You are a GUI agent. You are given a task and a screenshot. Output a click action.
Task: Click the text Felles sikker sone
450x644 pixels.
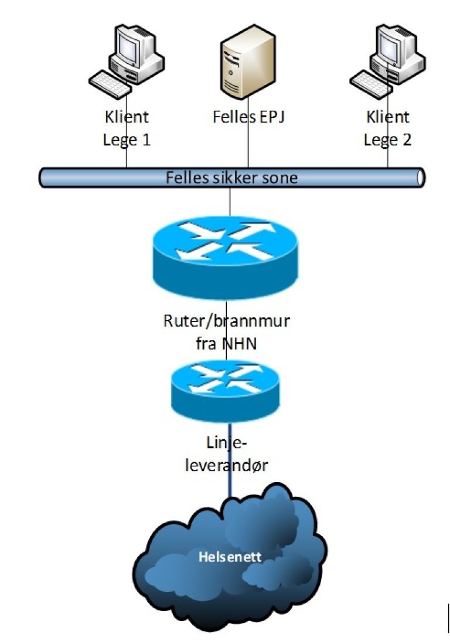click(x=231, y=177)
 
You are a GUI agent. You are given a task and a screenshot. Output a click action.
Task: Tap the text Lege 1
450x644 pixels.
click(x=126, y=140)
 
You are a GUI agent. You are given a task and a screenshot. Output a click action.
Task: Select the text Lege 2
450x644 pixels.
click(x=387, y=140)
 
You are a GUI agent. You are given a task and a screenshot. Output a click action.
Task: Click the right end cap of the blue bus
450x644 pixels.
click(x=420, y=177)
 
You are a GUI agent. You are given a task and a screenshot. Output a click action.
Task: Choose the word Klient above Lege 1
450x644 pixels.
click(x=126, y=116)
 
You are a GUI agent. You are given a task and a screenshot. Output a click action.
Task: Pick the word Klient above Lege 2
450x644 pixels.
click(x=387, y=116)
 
